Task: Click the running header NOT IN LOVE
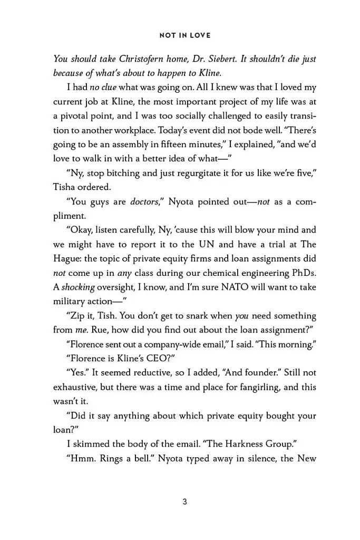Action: click(x=184, y=35)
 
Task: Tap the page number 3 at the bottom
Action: click(x=184, y=502)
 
